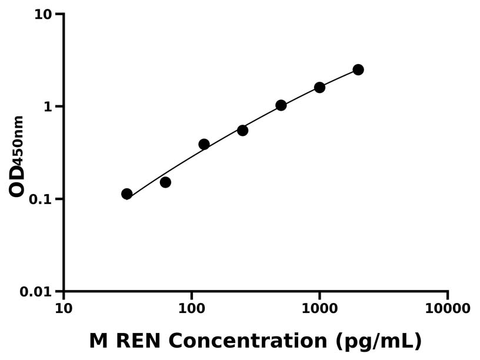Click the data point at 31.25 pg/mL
point(126,194)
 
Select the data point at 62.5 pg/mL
point(165,182)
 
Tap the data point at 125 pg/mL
point(204,144)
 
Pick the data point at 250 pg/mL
point(242,130)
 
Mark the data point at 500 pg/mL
point(281,105)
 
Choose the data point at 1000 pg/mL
point(319,87)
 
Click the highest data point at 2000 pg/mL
point(358,69)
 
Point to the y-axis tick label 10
point(43,14)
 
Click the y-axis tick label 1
point(49,106)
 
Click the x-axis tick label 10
point(64,308)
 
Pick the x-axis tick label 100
point(192,308)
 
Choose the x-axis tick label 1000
point(319,308)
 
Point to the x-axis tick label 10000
point(448,308)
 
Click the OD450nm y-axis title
point(18,156)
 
